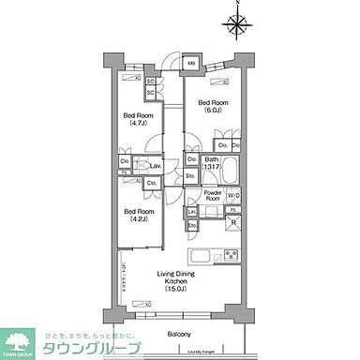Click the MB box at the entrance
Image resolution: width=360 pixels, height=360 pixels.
click(191, 64)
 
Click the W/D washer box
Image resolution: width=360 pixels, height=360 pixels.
click(233, 196)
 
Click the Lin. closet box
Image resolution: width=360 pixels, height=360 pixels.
click(191, 212)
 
